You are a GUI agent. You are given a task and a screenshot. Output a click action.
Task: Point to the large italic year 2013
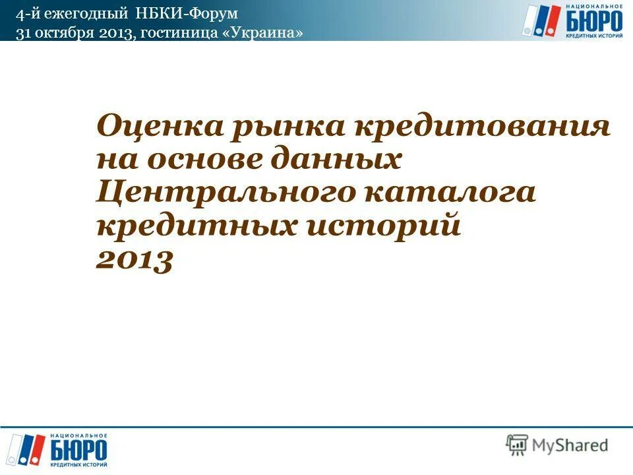pos(134,261)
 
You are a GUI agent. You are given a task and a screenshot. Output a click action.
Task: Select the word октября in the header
pos(65,33)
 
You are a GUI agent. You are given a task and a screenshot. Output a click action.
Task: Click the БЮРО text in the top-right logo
pos(594,21)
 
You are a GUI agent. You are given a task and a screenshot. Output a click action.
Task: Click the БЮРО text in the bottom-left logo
pos(79,451)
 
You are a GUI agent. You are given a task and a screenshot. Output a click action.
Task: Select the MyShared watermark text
pos(571,446)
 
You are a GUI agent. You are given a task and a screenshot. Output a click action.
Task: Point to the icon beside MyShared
pos(517,445)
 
